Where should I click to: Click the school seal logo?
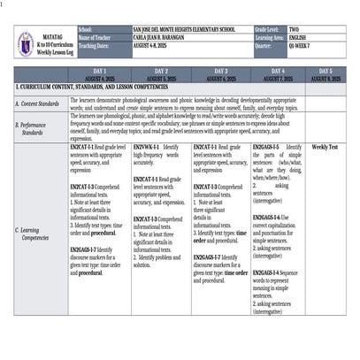[x=25, y=43]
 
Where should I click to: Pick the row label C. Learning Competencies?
[x=35, y=234]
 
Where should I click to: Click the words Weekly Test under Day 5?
[x=325, y=147]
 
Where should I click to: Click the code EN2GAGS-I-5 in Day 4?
[x=265, y=147]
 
